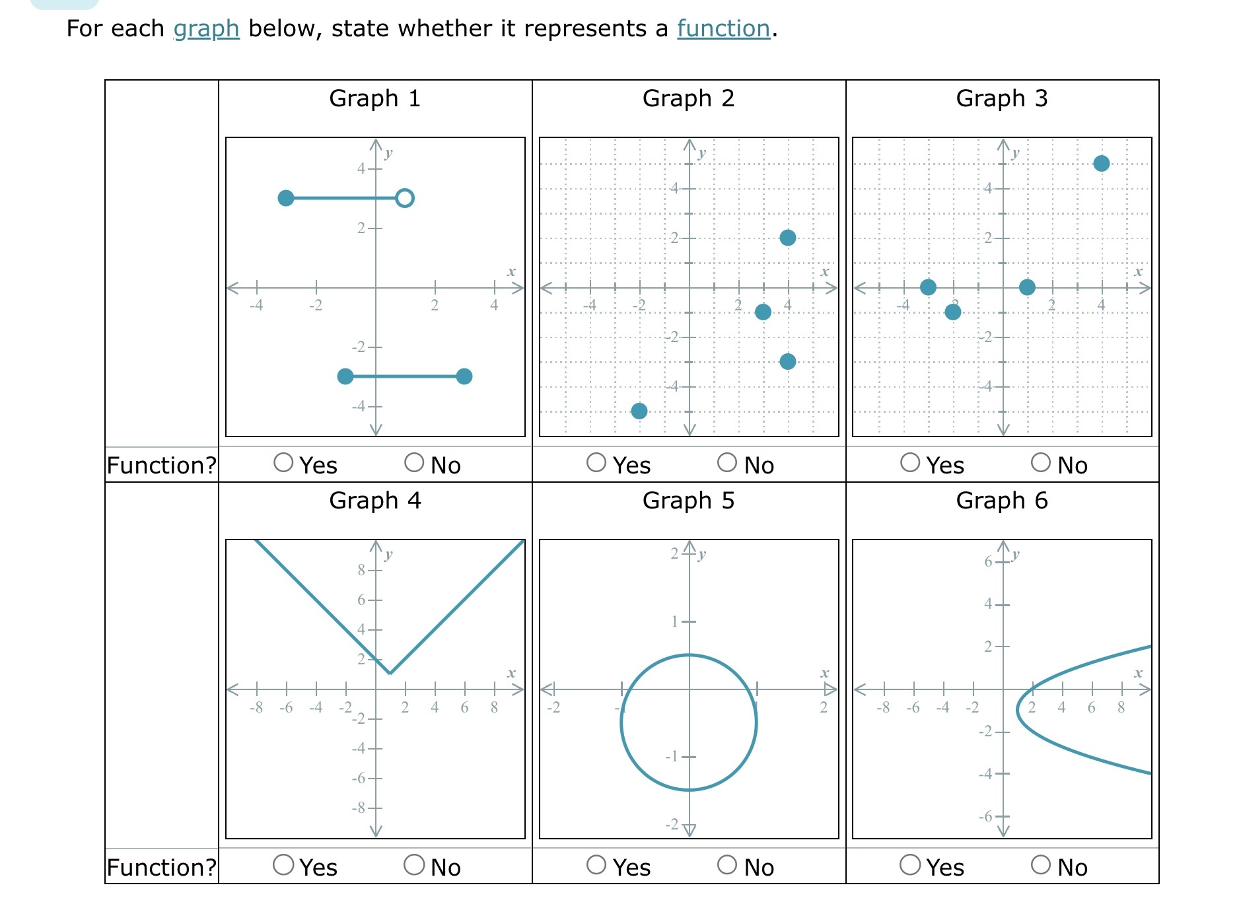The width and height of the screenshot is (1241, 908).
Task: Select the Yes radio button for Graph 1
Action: [x=283, y=462]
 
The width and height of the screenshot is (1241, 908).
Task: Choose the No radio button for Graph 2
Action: [x=727, y=462]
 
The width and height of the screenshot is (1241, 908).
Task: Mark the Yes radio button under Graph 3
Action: [x=910, y=462]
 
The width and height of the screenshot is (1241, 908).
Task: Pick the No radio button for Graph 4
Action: [x=414, y=864]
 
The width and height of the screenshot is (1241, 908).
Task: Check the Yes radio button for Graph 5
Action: [x=596, y=864]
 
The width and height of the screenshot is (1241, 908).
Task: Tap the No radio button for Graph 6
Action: [x=1041, y=864]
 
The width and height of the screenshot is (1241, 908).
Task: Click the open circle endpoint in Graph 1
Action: [x=405, y=198]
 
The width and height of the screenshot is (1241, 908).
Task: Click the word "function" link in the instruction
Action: [x=723, y=28]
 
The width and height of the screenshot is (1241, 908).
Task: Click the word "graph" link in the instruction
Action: [x=206, y=28]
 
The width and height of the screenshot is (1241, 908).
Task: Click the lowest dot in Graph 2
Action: [x=639, y=411]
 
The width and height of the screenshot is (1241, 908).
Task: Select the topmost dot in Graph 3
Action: [x=1101, y=164]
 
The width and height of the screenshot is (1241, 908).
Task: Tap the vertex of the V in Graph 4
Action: [x=390, y=674]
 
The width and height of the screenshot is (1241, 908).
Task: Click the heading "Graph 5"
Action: [x=688, y=501]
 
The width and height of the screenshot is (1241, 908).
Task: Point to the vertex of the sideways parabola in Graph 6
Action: [x=1018, y=709]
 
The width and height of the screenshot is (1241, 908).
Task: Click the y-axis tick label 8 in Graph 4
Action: [x=361, y=570]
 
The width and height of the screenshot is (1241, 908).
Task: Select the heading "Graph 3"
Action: [x=1002, y=98]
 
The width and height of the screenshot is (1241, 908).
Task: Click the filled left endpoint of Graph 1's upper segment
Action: [x=286, y=198]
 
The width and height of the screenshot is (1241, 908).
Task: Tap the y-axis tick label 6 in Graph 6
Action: [x=988, y=562]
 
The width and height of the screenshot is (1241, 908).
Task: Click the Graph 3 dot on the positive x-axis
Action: [x=1027, y=287]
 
